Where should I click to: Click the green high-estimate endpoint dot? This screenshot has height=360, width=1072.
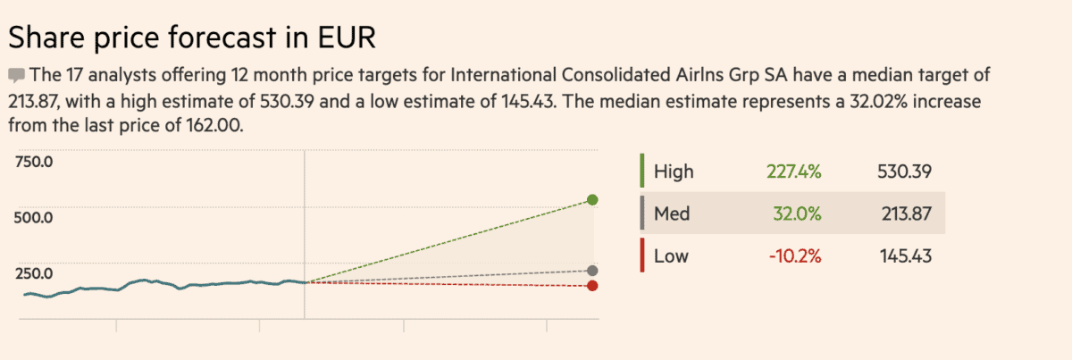click(592, 199)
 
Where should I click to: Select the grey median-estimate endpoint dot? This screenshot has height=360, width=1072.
click(592, 270)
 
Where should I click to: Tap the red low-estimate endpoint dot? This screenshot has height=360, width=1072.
click(592, 285)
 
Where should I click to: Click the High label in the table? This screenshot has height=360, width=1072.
click(674, 172)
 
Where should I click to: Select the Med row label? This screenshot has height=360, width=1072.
click(672, 214)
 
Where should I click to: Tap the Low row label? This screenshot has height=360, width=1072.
click(672, 257)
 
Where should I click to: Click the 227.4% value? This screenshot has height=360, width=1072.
click(793, 172)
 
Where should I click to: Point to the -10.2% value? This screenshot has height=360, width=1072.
click(794, 257)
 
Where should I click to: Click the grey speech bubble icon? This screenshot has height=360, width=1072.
click(16, 74)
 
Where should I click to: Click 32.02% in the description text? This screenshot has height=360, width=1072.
click(847, 100)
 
